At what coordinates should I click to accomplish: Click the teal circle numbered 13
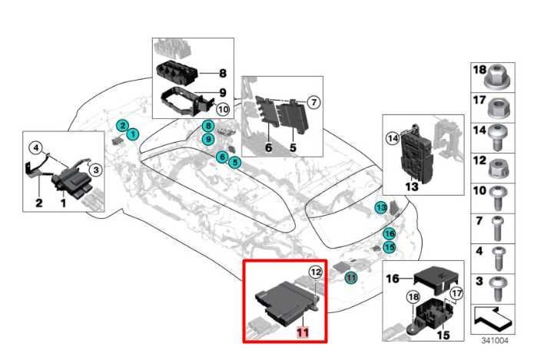click(x=381, y=208)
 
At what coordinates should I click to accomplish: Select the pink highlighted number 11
click(x=303, y=332)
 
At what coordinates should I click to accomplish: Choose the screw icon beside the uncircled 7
click(x=497, y=225)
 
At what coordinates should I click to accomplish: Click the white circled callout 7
click(x=313, y=101)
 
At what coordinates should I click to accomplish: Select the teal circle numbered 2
click(x=121, y=125)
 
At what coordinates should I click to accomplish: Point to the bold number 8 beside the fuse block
click(x=222, y=74)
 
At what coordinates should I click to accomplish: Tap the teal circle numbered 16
click(x=389, y=233)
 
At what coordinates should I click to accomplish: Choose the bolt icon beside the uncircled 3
click(x=497, y=284)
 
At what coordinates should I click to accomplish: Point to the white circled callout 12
click(x=315, y=272)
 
